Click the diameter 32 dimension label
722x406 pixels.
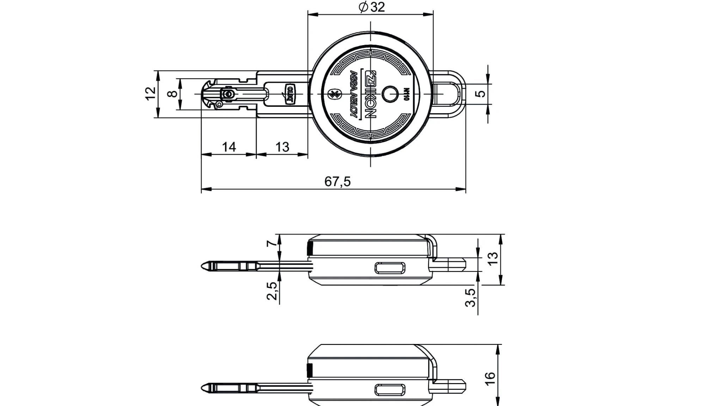tap(372, 7)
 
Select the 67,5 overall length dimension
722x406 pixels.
tap(337, 182)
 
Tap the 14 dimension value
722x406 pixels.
tap(229, 147)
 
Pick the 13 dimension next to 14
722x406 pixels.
tap(282, 147)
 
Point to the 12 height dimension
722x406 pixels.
tap(151, 93)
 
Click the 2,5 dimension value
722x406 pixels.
tap(271, 291)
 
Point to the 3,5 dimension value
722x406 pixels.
tap(470, 298)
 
